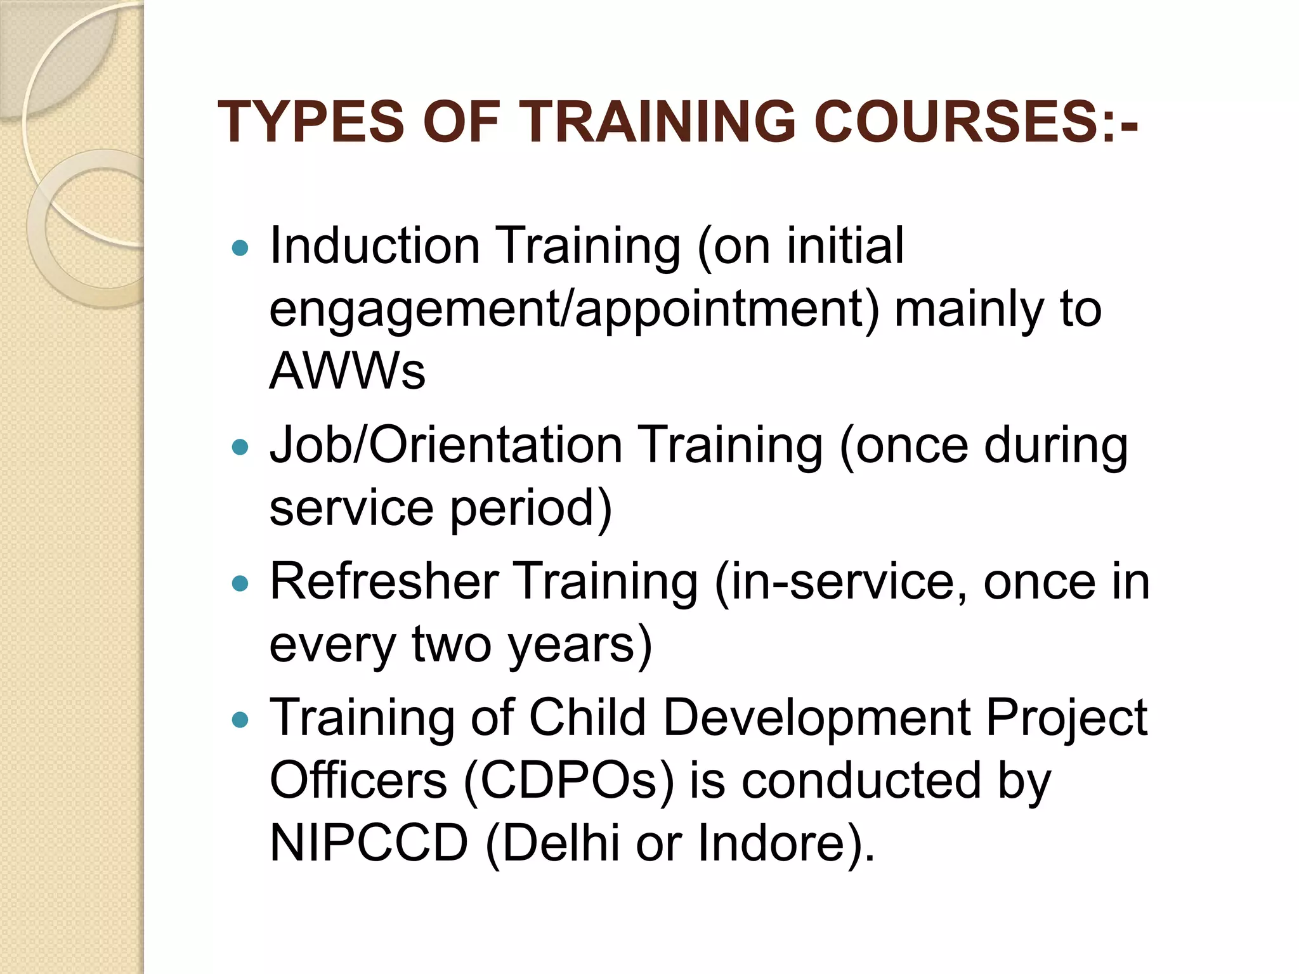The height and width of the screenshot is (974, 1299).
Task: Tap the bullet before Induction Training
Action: pyautogui.click(x=240, y=247)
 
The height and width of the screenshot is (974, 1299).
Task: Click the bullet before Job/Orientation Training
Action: pyautogui.click(x=240, y=447)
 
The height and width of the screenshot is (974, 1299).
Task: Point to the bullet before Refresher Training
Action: pyautogui.click(x=240, y=583)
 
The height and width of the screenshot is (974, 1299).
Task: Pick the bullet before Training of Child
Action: pyautogui.click(x=240, y=720)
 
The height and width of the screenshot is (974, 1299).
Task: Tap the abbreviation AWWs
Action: pyautogui.click(x=347, y=370)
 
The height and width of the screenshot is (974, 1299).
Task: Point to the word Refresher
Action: pyautogui.click(x=384, y=581)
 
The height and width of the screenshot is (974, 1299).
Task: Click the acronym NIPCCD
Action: pyautogui.click(x=369, y=843)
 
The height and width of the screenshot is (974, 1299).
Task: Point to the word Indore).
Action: pyautogui.click(x=786, y=843)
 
